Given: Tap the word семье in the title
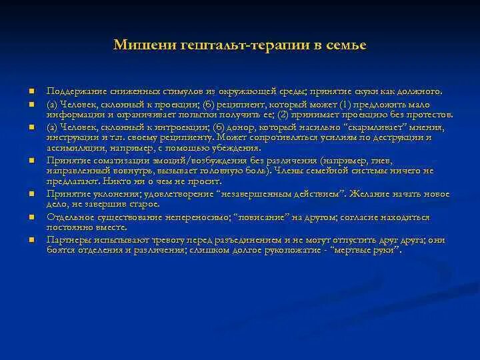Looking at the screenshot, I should click(x=345, y=45).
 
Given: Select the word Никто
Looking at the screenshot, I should click(x=125, y=181).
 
